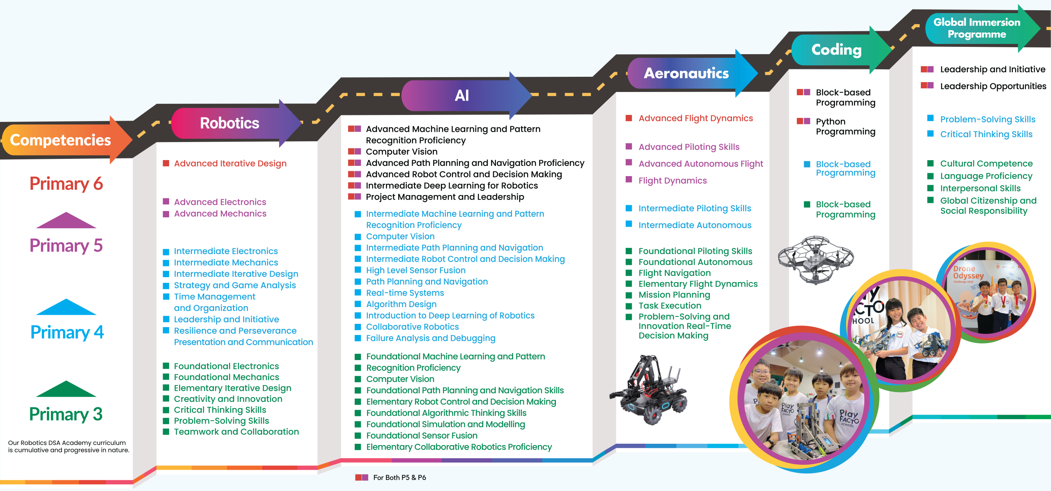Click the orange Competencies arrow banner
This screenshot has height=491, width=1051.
[62, 140]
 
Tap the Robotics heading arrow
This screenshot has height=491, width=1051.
[230, 123]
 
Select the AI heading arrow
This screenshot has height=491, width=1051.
[462, 96]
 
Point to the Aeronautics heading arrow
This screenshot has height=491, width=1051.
[686, 73]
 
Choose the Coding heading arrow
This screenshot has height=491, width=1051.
[836, 50]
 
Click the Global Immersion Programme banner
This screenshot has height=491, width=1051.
[977, 28]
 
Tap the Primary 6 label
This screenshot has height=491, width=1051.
[66, 184]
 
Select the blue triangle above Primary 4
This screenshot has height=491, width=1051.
[66, 307]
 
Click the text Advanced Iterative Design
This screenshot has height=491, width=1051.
[230, 163]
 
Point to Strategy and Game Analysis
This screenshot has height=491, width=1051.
[234, 285]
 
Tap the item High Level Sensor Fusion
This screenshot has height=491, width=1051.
[415, 271]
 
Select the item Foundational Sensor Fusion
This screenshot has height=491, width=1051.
[422, 436]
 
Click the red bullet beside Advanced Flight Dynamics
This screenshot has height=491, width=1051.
[629, 118]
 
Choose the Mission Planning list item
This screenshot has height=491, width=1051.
[674, 295]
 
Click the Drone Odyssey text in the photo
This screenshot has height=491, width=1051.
[968, 272]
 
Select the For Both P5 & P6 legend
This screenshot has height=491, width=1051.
[399, 477]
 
